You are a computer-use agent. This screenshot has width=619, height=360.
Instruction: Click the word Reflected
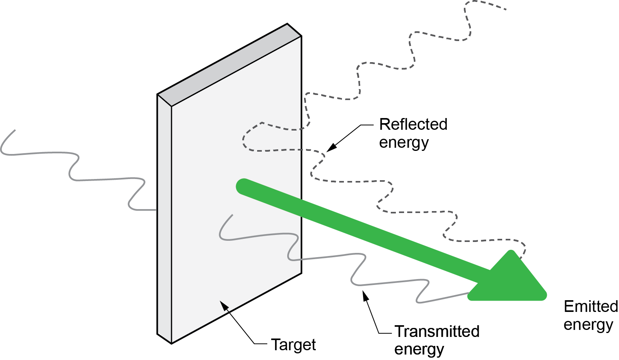click(413, 124)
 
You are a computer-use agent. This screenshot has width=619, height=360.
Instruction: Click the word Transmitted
click(437, 331)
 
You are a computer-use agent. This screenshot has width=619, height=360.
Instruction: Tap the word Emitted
click(590, 306)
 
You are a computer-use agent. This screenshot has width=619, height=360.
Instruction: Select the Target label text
click(293, 344)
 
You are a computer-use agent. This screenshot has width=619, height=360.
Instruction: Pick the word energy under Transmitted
click(419, 349)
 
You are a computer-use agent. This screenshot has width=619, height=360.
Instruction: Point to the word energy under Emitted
click(588, 324)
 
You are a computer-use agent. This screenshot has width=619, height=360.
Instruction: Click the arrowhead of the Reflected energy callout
click(331, 148)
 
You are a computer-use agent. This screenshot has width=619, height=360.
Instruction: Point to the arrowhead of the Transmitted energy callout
click(365, 296)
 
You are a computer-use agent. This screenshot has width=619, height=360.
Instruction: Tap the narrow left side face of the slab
click(164, 219)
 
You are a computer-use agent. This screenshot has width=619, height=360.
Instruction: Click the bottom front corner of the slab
click(172, 343)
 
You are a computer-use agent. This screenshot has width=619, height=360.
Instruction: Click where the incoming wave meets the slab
click(156, 210)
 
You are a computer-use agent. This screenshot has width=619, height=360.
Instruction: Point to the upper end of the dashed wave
click(506, 9)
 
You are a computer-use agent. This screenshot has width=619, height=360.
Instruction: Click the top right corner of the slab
click(301, 36)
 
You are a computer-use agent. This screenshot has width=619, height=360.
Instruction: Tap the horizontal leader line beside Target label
click(261, 344)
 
